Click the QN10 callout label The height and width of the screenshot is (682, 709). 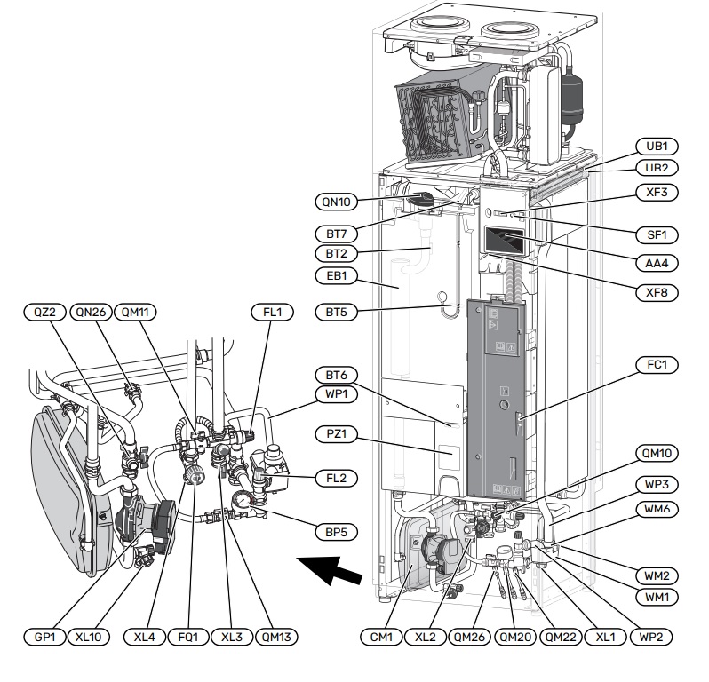336,202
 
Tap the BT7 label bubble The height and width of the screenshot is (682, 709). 336,233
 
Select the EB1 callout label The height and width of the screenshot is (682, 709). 336,275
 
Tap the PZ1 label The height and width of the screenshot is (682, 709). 336,434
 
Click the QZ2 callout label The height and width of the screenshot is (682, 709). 44,312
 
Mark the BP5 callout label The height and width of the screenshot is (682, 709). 336,533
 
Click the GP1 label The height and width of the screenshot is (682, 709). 44,637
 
